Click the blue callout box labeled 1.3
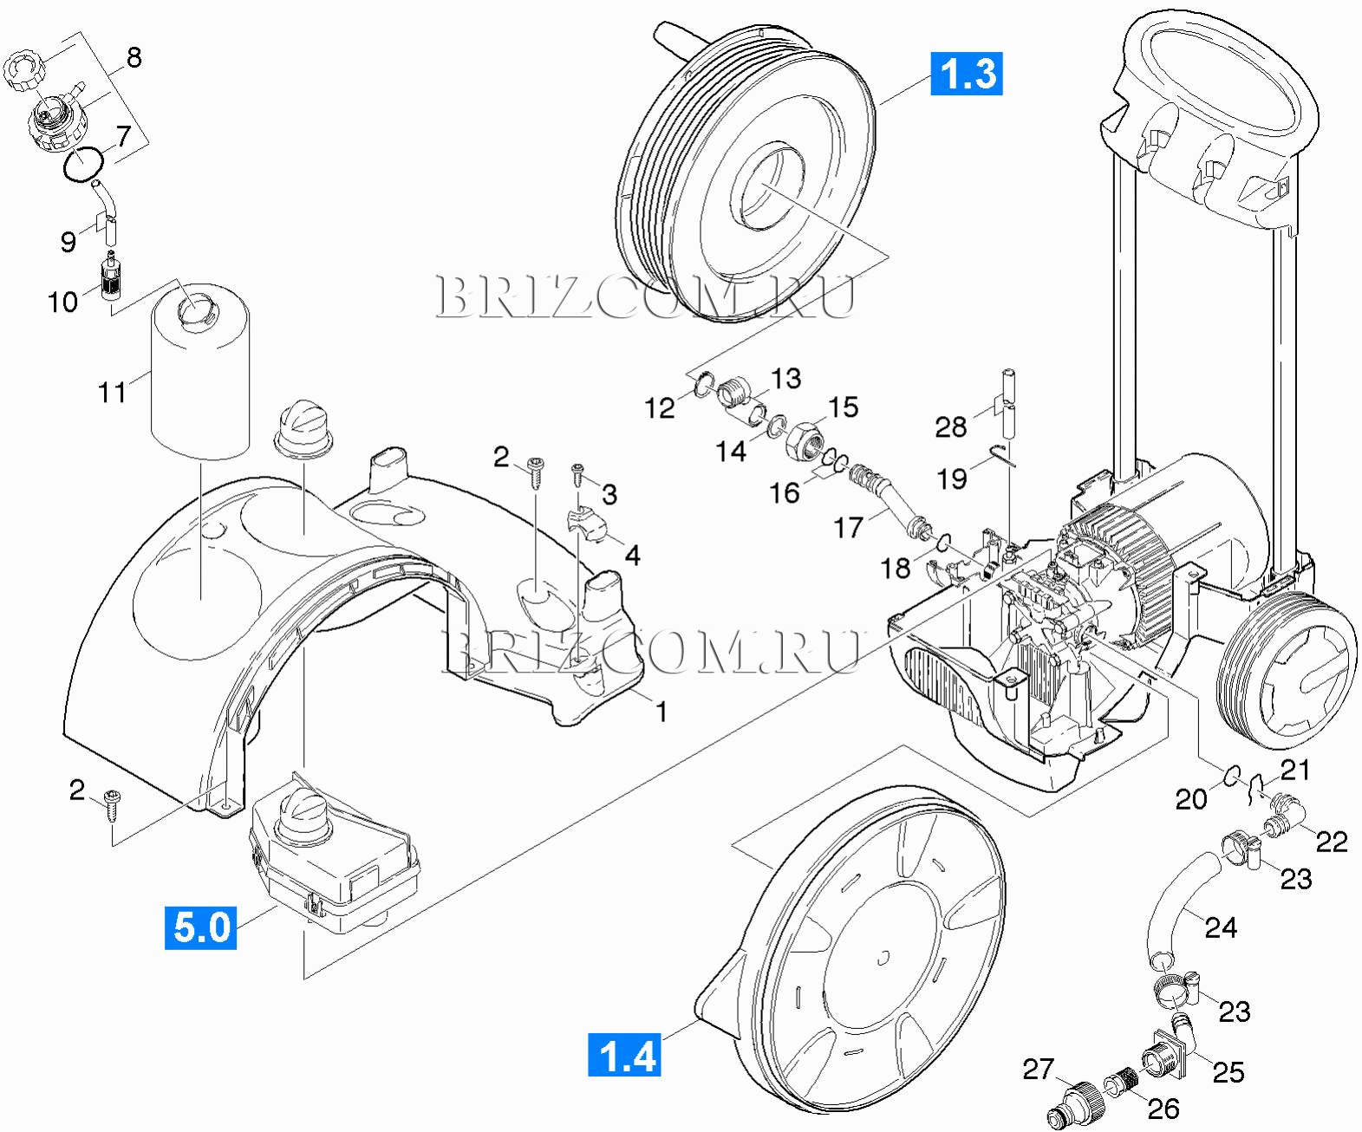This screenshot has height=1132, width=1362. [967, 73]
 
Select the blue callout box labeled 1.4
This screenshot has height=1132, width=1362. [624, 1054]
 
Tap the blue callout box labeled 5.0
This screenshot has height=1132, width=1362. [200, 927]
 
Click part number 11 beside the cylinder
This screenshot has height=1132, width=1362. [112, 392]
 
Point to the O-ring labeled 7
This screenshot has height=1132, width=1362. [84, 165]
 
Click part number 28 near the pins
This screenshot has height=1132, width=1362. [951, 426]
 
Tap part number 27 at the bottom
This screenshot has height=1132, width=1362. [1038, 1069]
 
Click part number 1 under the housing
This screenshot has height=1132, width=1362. [661, 712]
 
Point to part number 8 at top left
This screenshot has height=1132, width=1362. [134, 57]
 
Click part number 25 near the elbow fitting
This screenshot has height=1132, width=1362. [1228, 1072]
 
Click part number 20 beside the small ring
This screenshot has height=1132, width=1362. [1190, 798]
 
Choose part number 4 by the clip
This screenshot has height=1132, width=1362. [633, 556]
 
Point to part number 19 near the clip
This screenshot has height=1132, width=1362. [952, 478]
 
